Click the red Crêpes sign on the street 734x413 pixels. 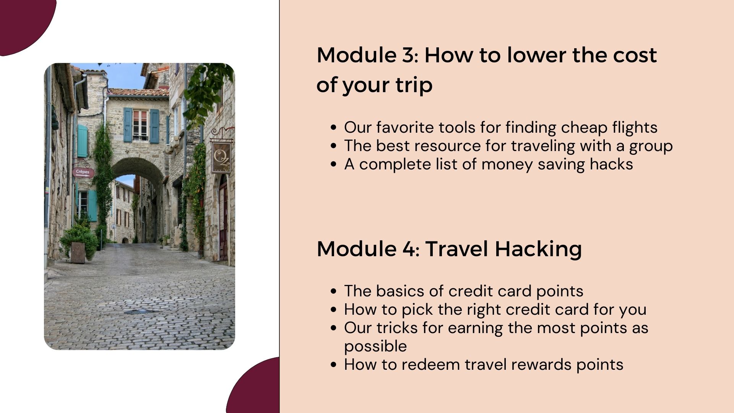(x=83, y=172)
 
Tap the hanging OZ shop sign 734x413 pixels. (x=221, y=157)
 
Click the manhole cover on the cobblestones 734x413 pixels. (x=137, y=312)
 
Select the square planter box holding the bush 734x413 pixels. (x=78, y=253)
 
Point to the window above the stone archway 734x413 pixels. (x=140, y=125)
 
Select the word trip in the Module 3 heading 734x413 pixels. (x=414, y=85)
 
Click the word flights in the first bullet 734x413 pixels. (x=635, y=128)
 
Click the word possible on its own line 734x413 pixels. (x=375, y=347)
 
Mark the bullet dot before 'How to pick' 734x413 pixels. (x=334, y=310)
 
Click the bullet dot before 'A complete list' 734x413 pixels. (x=334, y=164)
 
